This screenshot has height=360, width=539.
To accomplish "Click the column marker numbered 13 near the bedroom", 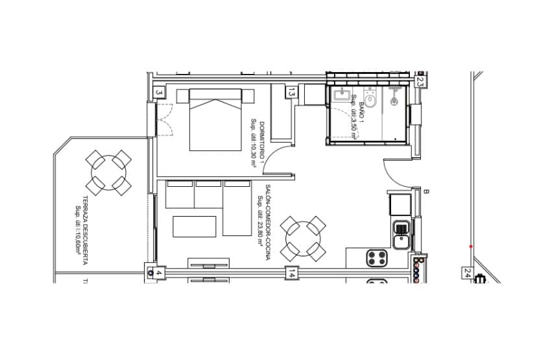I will pyautogui.click(x=292, y=93).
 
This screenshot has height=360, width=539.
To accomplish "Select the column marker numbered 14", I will pyautogui.click(x=293, y=273).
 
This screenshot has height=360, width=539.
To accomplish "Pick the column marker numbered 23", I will pyautogui.click(x=420, y=82).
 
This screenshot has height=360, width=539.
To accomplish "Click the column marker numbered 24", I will pyautogui.click(x=467, y=274).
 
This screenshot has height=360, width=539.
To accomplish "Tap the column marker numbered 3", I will pyautogui.click(x=158, y=93).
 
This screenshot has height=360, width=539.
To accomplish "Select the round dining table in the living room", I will pyautogui.click(x=302, y=238).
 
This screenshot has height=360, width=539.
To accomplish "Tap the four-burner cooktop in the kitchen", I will pyautogui.click(x=377, y=258).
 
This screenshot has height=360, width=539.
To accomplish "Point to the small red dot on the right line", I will pyautogui.click(x=471, y=246).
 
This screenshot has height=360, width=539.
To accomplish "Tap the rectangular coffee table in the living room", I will pyautogui.click(x=194, y=227).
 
